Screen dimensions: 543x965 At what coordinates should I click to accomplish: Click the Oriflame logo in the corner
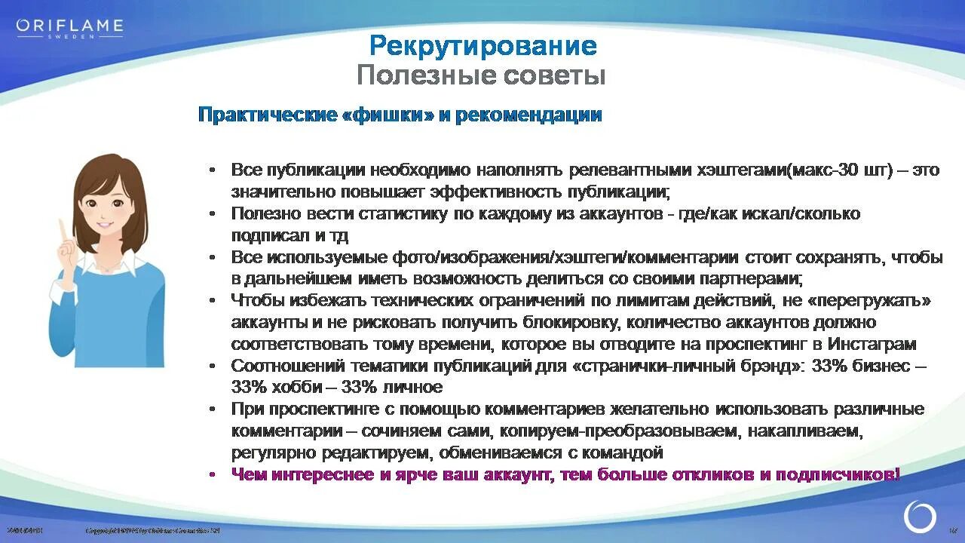(69, 27)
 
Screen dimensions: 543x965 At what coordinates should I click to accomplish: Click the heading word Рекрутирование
(482, 46)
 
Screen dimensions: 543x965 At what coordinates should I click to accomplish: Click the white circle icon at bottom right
(920, 517)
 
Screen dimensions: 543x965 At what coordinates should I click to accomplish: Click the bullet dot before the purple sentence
(213, 474)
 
